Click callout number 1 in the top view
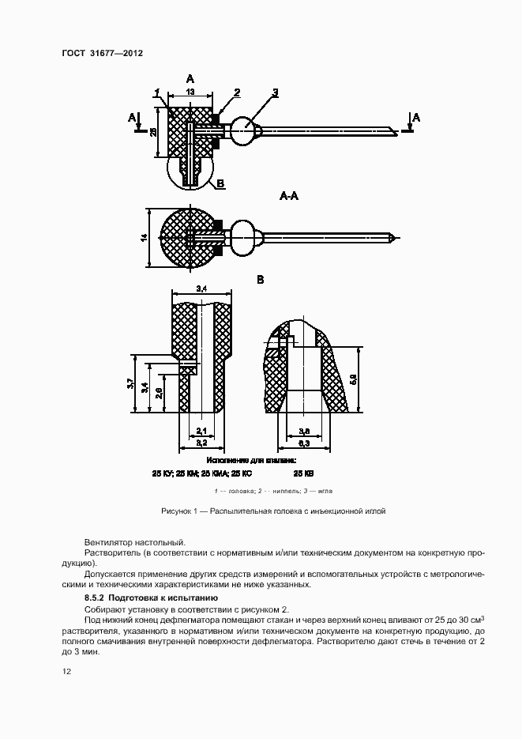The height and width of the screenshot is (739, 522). click(x=158, y=93)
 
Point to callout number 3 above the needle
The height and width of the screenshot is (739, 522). click(x=276, y=93)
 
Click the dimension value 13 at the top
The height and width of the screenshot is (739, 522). click(x=190, y=92)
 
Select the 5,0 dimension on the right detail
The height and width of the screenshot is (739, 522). click(x=353, y=379)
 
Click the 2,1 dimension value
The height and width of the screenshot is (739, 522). click(x=201, y=431)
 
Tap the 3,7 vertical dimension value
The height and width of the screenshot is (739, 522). click(x=130, y=383)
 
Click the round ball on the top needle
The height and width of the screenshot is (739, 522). click(x=247, y=129)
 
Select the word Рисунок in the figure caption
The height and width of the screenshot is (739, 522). click(x=175, y=511)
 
